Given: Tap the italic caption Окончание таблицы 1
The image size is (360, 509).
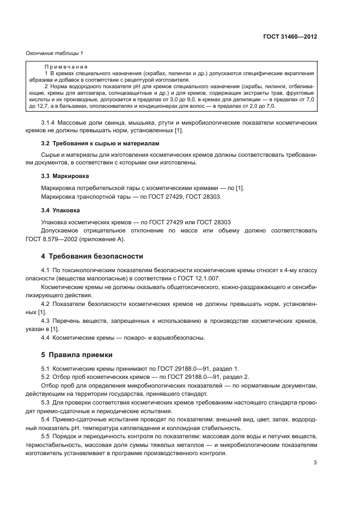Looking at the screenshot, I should [x=54, y=53].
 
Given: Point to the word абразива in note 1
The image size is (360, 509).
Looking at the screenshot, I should [x=38, y=79].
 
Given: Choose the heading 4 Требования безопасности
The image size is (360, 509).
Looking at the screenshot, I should [x=84, y=256].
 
